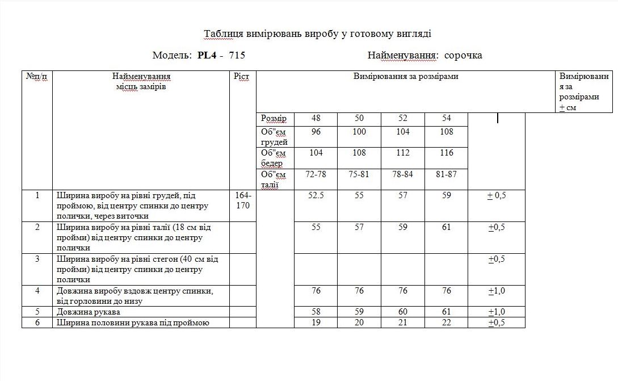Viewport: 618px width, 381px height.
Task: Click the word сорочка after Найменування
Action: (x=463, y=55)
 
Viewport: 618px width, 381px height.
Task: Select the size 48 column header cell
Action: (x=316, y=118)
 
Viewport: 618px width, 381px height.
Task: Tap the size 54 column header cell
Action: (x=446, y=118)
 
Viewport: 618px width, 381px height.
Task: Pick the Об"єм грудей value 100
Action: (x=359, y=132)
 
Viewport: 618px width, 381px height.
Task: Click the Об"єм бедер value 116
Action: (x=446, y=153)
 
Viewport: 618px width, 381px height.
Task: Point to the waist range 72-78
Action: (x=316, y=174)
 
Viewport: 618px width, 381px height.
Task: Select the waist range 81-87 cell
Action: (x=446, y=174)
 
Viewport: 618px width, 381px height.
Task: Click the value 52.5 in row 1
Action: (x=316, y=195)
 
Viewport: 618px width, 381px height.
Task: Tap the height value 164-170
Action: (x=242, y=200)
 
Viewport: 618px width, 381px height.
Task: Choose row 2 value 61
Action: (x=446, y=227)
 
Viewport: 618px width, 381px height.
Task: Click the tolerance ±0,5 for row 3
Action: (x=497, y=259)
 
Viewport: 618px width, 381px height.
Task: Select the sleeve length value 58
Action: (x=316, y=312)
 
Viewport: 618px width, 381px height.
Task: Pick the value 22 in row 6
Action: (x=446, y=323)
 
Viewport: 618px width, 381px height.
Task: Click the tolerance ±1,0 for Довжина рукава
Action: (x=497, y=312)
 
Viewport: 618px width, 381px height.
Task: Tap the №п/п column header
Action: (x=37, y=76)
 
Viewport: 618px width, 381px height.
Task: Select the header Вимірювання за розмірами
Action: (x=405, y=76)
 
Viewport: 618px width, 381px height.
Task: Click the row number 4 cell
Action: (x=37, y=291)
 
